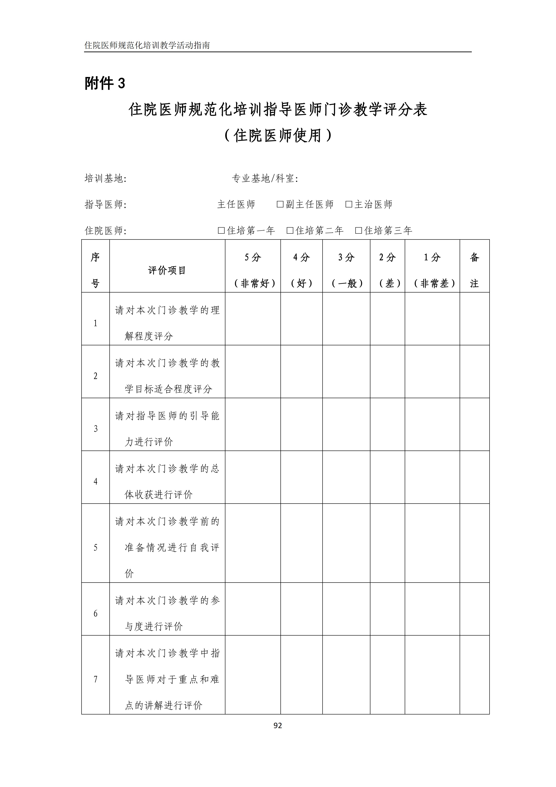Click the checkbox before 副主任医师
pyautogui.click(x=280, y=204)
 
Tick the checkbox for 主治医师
pyautogui.click(x=349, y=204)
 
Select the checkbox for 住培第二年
pyautogui.click(x=290, y=230)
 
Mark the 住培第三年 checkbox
pyautogui.click(x=359, y=230)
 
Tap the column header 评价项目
pyautogui.click(x=167, y=270)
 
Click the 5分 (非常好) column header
pyautogui.click(x=253, y=270)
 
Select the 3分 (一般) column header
pyautogui.click(x=346, y=270)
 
